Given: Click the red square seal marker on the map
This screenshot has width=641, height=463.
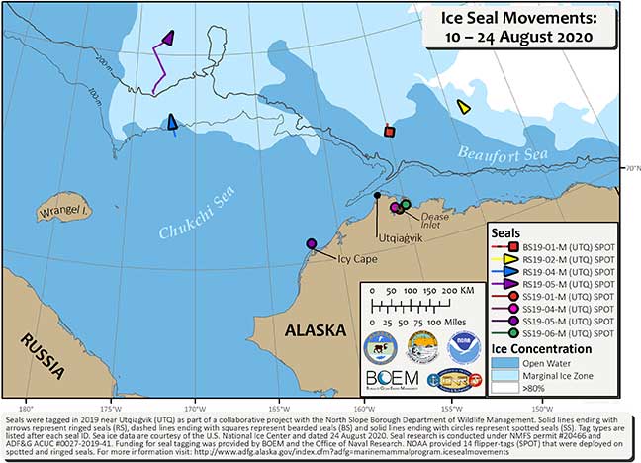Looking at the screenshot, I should point(390,131).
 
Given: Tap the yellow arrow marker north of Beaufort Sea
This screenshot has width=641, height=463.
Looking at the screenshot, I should point(463,107).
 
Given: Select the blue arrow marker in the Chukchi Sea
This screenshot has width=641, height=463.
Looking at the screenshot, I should point(173,122).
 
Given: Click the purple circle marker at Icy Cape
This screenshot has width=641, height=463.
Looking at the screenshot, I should point(312,243).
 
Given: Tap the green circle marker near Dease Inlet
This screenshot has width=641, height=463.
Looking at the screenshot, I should point(405,204).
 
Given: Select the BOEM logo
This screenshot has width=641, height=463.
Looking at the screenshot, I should point(391,377).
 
